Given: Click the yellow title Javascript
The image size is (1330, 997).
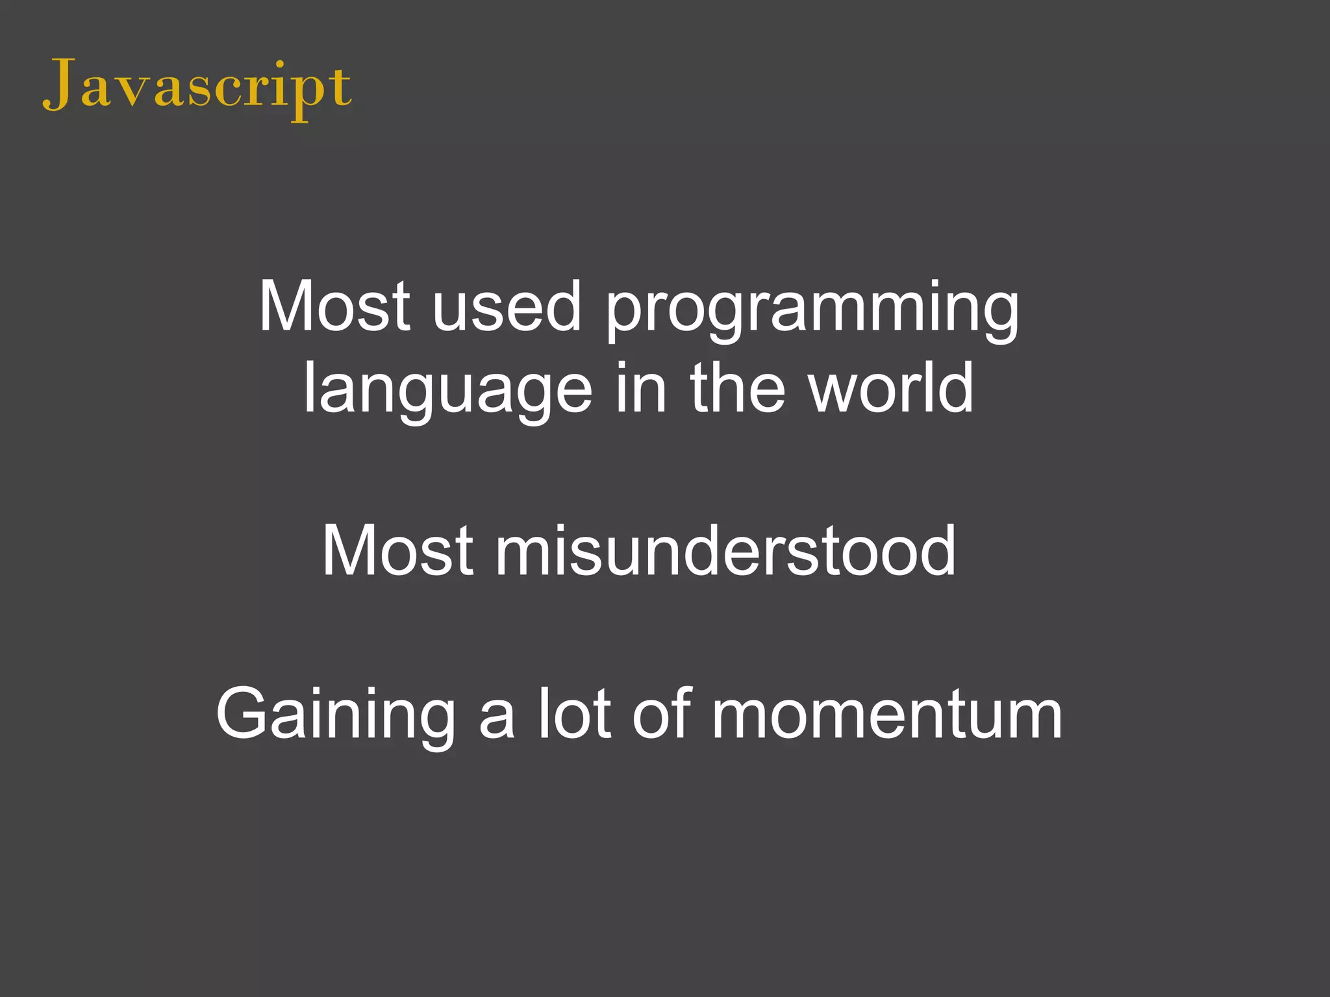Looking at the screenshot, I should tap(197, 88).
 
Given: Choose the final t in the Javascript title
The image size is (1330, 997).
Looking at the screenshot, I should tap(341, 88).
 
